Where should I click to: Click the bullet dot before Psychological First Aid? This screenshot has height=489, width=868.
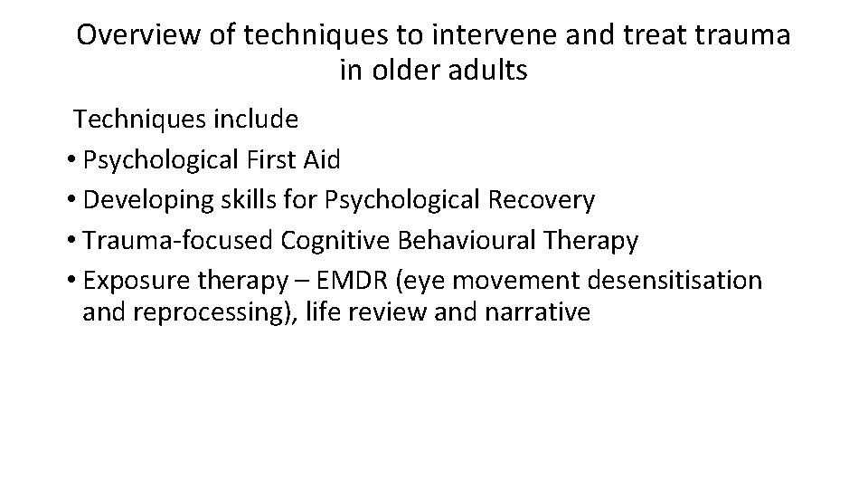click(71, 161)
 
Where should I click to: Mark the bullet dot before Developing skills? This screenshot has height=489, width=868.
click(71, 201)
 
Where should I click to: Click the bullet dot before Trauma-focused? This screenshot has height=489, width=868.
click(71, 242)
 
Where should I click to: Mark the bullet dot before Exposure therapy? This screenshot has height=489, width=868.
click(71, 282)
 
